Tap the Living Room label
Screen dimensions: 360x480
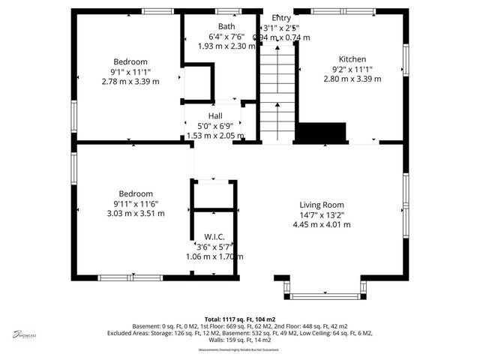click(321, 205)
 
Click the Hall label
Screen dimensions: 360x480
click(215, 116)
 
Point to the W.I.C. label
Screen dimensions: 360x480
click(215, 237)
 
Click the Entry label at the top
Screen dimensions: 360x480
click(282, 17)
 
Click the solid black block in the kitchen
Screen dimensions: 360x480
click(321, 133)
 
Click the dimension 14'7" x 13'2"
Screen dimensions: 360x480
click(321, 214)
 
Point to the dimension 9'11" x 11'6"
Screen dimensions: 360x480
click(136, 203)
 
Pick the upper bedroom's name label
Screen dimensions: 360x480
click(130, 61)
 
